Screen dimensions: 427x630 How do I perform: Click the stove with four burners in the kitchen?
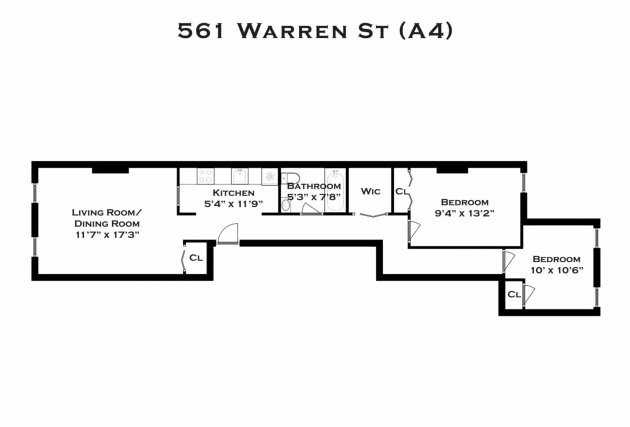(x=205, y=176)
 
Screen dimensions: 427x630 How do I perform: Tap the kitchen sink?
(x=239, y=175)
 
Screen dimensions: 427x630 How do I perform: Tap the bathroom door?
(x=312, y=210)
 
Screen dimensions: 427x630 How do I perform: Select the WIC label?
(x=370, y=191)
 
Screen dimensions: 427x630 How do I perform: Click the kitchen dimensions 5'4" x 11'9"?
(x=234, y=203)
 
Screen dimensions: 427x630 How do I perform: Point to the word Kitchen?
(x=234, y=193)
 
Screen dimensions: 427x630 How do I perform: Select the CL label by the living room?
(x=196, y=258)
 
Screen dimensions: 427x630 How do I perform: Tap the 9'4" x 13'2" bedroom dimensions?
(x=465, y=213)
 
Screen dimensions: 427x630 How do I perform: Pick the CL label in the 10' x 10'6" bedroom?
(x=514, y=295)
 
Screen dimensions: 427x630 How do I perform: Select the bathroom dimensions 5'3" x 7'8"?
(x=314, y=197)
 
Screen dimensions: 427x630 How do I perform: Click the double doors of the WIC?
(x=373, y=215)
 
